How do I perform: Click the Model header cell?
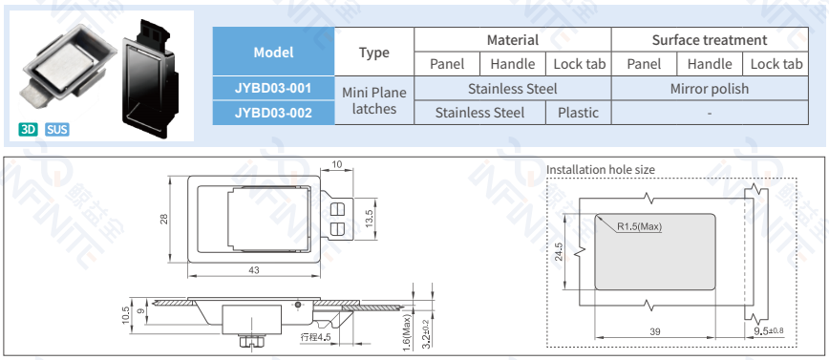(x=273, y=52)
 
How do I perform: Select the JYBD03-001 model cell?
(x=273, y=88)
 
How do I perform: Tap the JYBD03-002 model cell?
(x=273, y=113)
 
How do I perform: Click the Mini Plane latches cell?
(x=374, y=100)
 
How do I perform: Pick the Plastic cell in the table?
(x=579, y=113)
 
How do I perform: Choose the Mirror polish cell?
(x=710, y=88)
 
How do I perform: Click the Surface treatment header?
(x=710, y=40)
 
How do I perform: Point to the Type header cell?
(x=374, y=52)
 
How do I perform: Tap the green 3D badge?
(x=28, y=130)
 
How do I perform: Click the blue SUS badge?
(x=57, y=130)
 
